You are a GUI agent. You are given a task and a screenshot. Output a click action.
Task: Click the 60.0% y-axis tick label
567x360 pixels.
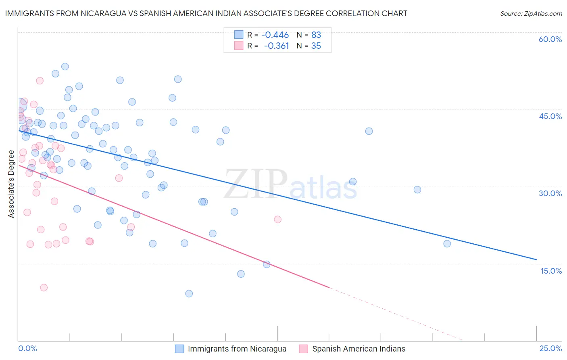pyautogui.click(x=550, y=39)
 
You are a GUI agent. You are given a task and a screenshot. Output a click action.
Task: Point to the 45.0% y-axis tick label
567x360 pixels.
pyautogui.click(x=550, y=116)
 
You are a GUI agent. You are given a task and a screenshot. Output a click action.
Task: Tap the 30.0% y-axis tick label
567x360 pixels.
pyautogui.click(x=550, y=193)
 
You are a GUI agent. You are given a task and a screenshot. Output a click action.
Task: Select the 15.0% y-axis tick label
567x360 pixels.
pyautogui.click(x=551, y=271)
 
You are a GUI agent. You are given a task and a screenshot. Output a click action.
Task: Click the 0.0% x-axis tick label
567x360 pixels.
pyautogui.click(x=27, y=348)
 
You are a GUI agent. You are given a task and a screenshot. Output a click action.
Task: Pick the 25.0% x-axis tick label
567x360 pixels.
pyautogui.click(x=550, y=348)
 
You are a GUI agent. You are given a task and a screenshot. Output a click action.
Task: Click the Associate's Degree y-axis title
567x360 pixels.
pyautogui.click(x=11, y=184)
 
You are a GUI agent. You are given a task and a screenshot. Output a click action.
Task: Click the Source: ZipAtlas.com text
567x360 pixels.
pyautogui.click(x=531, y=13)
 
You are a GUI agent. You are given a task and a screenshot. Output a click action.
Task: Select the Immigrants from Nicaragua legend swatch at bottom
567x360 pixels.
pyautogui.click(x=179, y=349)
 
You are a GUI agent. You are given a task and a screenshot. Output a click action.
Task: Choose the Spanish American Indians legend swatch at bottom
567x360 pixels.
pyautogui.click(x=304, y=349)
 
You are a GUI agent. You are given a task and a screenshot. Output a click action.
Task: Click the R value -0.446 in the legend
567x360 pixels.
pyautogui.click(x=275, y=35)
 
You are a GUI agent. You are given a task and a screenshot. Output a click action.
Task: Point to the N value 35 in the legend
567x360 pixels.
pyautogui.click(x=316, y=46)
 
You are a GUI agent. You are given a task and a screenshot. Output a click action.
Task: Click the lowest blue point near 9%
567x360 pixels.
pyautogui.click(x=189, y=293)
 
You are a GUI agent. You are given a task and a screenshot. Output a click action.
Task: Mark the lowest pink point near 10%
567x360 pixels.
pyautogui.click(x=44, y=287)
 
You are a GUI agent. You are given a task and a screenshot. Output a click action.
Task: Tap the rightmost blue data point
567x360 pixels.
pyautogui.click(x=447, y=243)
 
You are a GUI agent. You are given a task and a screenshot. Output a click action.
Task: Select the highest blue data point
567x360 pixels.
pyautogui.click(x=65, y=67)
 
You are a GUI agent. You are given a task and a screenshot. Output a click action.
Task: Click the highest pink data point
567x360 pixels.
pyautogui.click(x=40, y=81)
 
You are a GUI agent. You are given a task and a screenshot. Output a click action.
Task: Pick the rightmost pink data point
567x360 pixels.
pyautogui.click(x=277, y=220)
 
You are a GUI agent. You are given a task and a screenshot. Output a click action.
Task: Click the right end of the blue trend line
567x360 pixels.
pyautogui.click(x=536, y=259)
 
